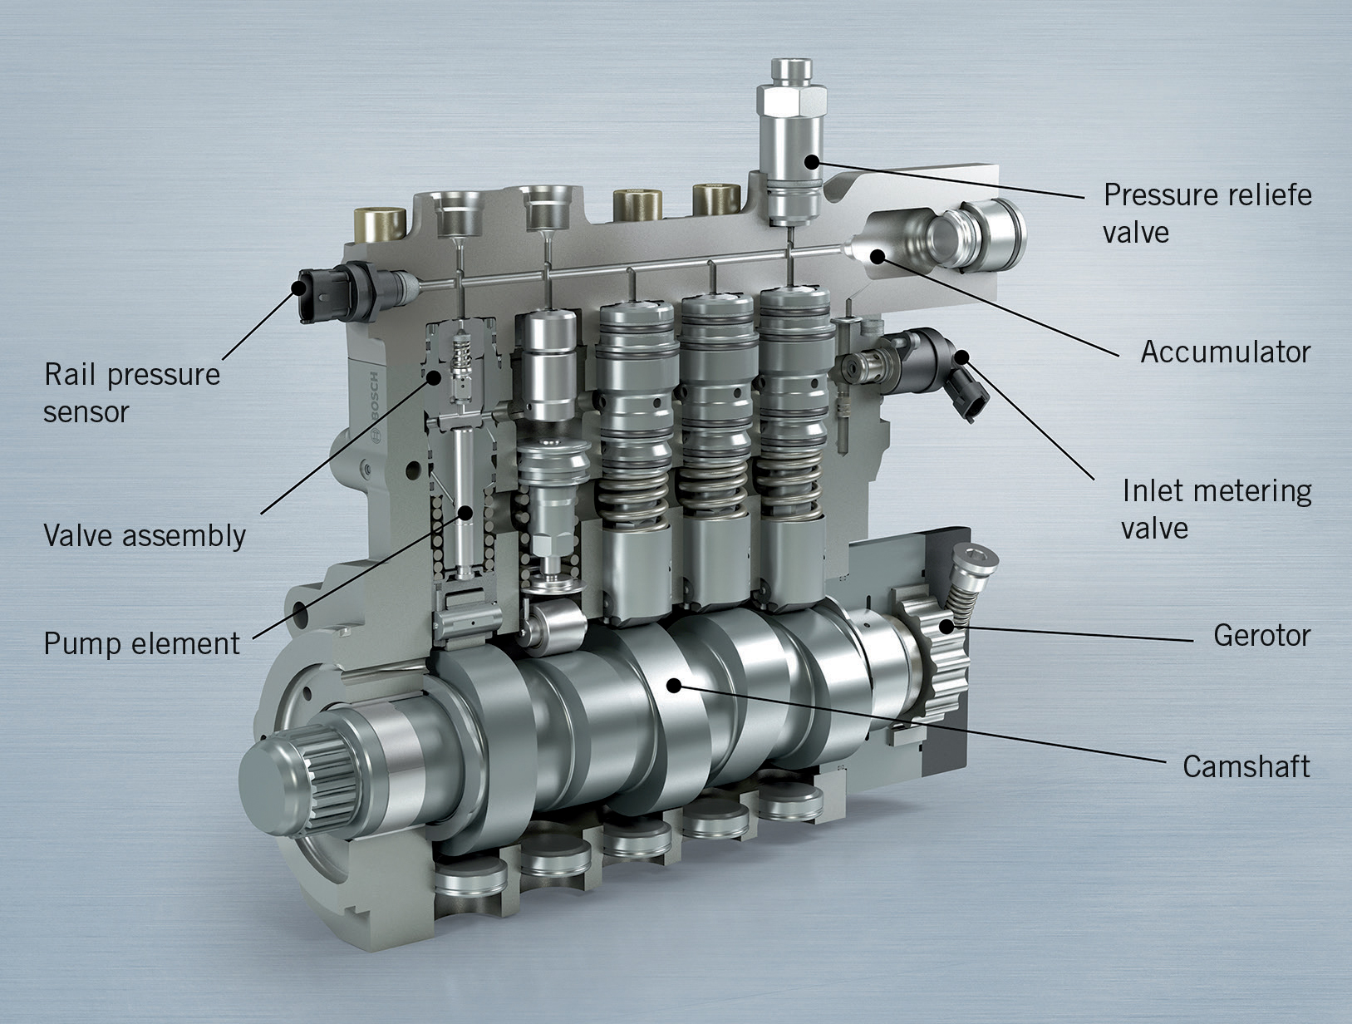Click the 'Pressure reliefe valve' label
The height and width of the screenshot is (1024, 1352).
(1207, 213)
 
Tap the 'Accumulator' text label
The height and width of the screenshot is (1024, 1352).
(1225, 352)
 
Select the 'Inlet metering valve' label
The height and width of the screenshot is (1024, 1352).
(1216, 509)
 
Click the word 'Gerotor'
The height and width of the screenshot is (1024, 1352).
(1261, 636)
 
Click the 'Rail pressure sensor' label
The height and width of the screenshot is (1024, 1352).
(131, 392)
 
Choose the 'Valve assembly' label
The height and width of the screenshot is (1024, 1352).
(144, 536)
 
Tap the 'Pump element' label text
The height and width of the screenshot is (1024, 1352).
(141, 643)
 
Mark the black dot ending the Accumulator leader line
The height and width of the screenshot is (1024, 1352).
(878, 255)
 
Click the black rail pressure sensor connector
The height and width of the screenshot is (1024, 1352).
(316, 291)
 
